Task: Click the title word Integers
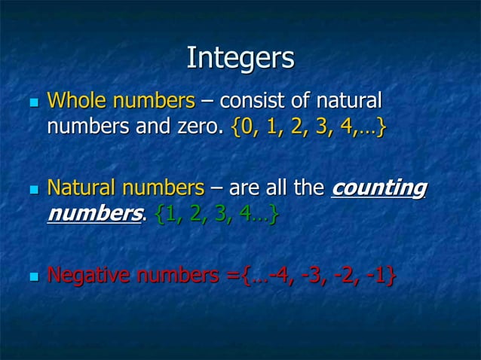click(x=240, y=59)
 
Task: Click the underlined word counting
click(x=379, y=188)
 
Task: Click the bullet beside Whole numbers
click(x=30, y=102)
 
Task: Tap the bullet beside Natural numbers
click(x=30, y=189)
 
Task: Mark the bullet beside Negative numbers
click(x=30, y=277)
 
